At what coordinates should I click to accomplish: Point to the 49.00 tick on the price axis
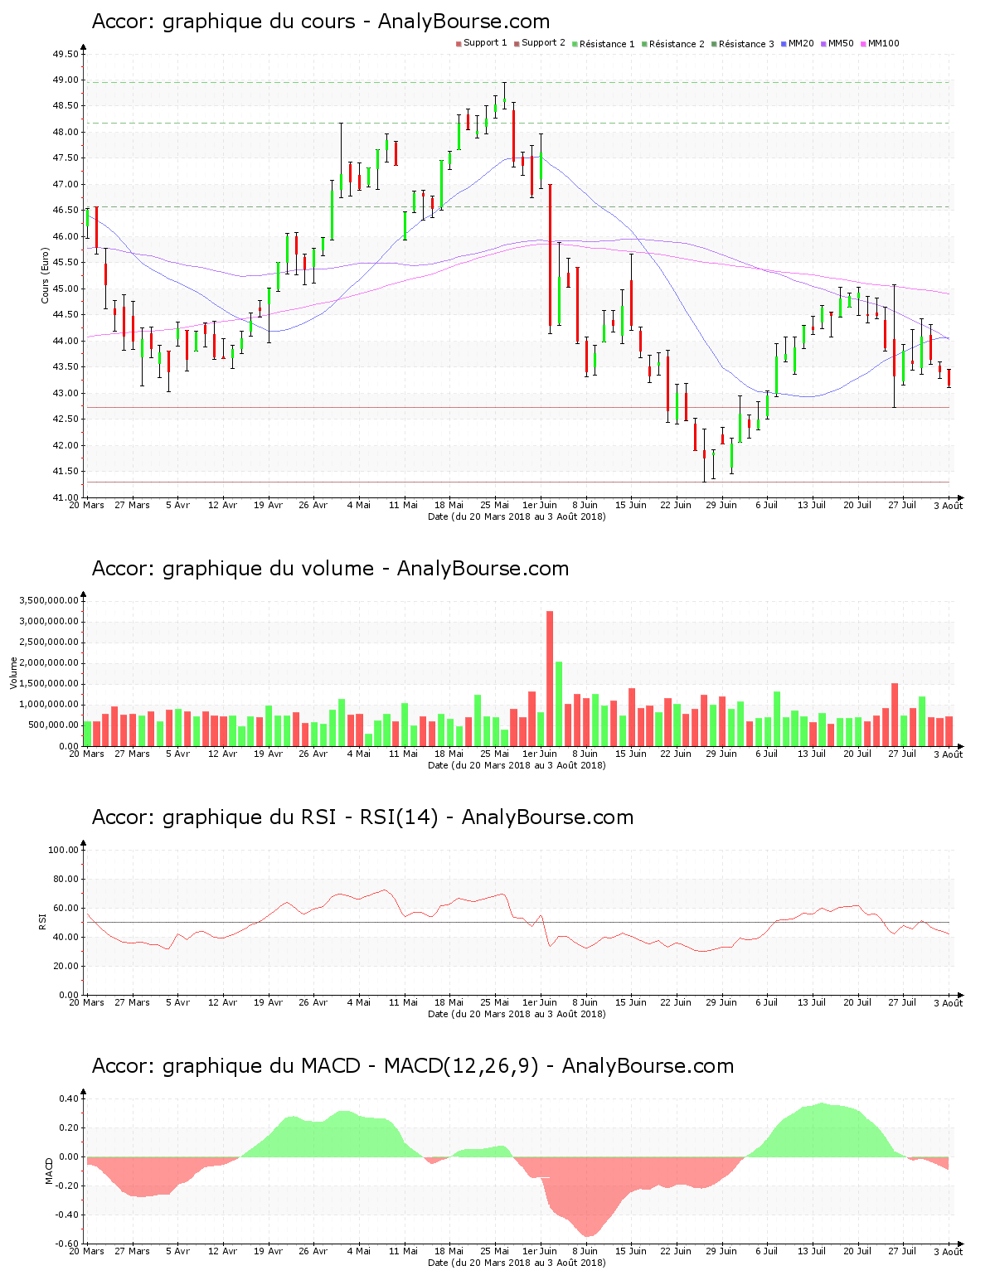coord(66,80)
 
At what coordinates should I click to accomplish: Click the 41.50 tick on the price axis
coord(66,472)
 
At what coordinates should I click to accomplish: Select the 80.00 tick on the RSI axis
coord(63,879)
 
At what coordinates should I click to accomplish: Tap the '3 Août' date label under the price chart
coord(948,506)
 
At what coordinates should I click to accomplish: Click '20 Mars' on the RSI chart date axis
coord(86,1003)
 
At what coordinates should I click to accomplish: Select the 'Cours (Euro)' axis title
coord(46,276)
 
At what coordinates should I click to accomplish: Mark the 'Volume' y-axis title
coord(13,672)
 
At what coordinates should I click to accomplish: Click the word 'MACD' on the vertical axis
coord(50,1171)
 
